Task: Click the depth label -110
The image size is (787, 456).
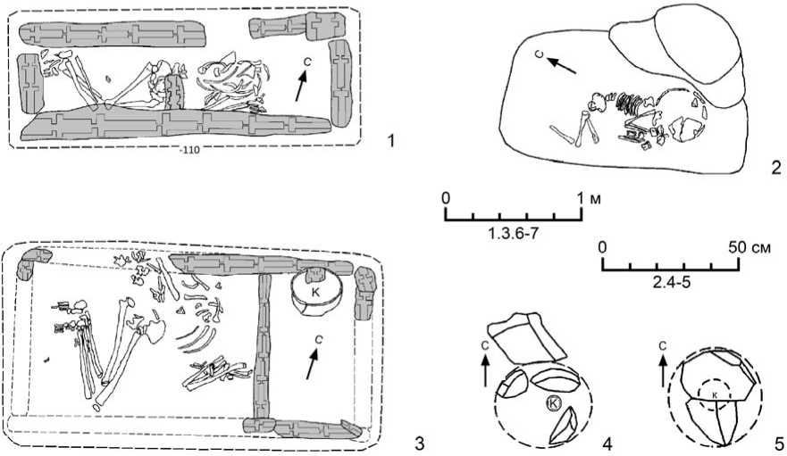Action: [x=188, y=150]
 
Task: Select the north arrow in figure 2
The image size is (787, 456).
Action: [x=561, y=63]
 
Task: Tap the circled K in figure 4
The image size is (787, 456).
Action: [x=554, y=404]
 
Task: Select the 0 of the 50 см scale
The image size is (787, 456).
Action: [x=603, y=245]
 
